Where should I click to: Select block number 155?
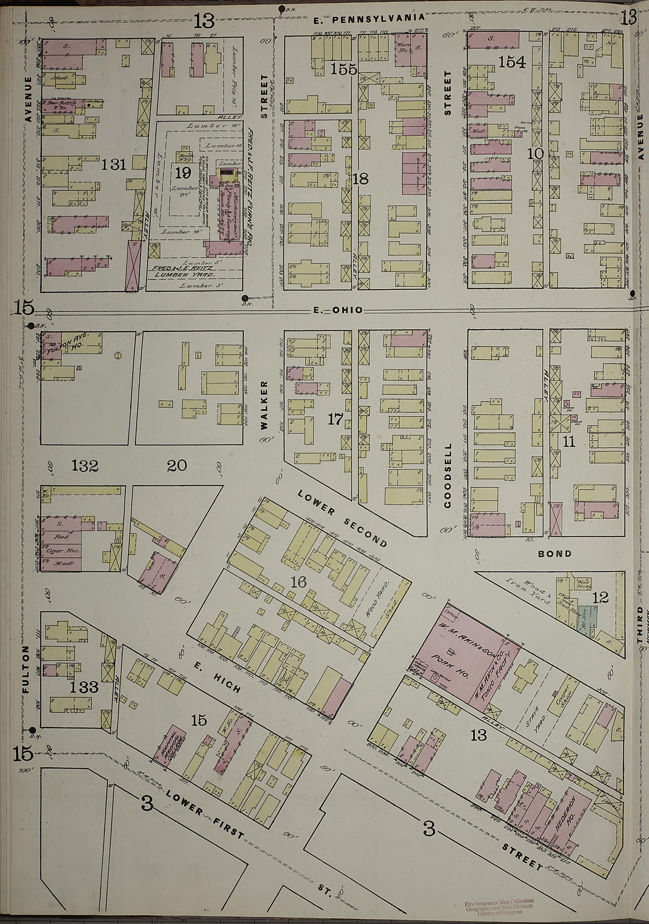344,70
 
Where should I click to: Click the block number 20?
177,466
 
